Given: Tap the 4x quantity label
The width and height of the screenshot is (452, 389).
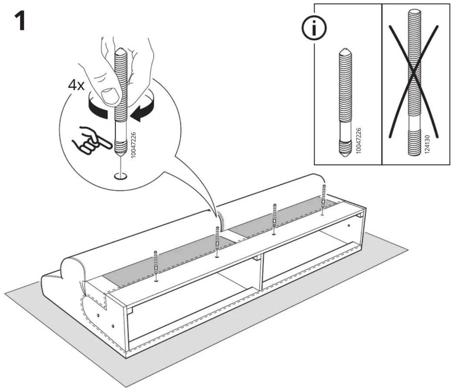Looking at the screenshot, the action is click(76, 86).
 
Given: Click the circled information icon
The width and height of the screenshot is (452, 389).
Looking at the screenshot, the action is click(314, 28).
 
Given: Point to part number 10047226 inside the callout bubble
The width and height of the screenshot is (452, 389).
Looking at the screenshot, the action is click(133, 145).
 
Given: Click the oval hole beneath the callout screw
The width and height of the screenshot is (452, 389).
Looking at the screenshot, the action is click(121, 176).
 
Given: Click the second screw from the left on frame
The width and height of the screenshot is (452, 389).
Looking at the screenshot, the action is click(217, 242).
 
